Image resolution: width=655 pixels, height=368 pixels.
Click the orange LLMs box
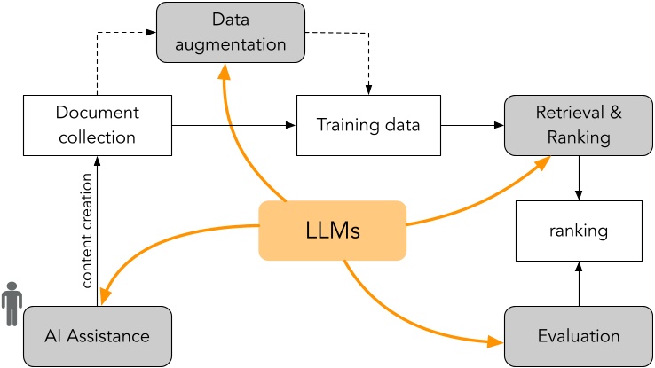(x=333, y=231)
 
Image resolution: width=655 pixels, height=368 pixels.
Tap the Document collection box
(x=98, y=124)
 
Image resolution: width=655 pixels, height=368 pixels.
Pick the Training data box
(x=368, y=124)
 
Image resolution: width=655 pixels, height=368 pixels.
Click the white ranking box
(x=578, y=231)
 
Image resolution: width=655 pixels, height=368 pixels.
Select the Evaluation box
(x=578, y=336)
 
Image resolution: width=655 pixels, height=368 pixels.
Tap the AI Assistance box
(x=98, y=336)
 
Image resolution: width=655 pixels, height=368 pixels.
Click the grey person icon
(x=11, y=305)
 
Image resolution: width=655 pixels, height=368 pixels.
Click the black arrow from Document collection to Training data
(x=231, y=126)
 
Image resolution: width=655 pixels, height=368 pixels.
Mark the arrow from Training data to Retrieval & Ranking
(x=473, y=126)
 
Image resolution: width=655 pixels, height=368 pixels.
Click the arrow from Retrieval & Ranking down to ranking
(x=579, y=177)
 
